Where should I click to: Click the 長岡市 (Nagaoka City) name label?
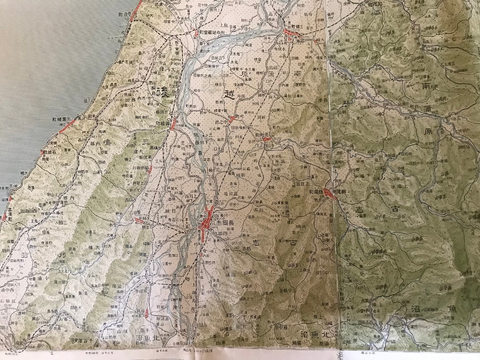point(225,222)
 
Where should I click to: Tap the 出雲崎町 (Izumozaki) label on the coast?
point(62,119)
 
